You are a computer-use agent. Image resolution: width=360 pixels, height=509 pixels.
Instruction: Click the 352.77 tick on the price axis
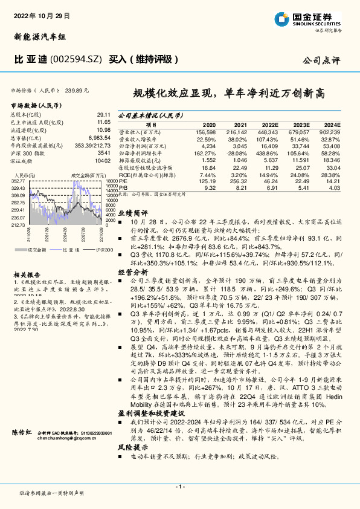(x=19, y=180)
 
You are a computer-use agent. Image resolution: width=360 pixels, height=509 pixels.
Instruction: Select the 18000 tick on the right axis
(x=111, y=180)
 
